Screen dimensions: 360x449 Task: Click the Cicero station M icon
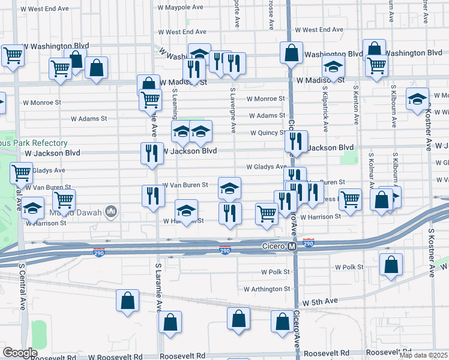click(292, 247)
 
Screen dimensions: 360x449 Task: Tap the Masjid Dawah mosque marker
click(110, 211)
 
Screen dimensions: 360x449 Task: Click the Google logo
click(20, 353)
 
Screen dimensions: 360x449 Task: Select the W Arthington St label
click(267, 289)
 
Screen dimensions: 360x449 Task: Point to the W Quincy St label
click(268, 133)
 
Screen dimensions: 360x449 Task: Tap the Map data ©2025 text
click(423, 355)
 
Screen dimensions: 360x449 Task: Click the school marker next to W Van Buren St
click(229, 188)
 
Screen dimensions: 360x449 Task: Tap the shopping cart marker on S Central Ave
click(21, 172)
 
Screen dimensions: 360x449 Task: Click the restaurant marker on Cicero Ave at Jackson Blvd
click(295, 142)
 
